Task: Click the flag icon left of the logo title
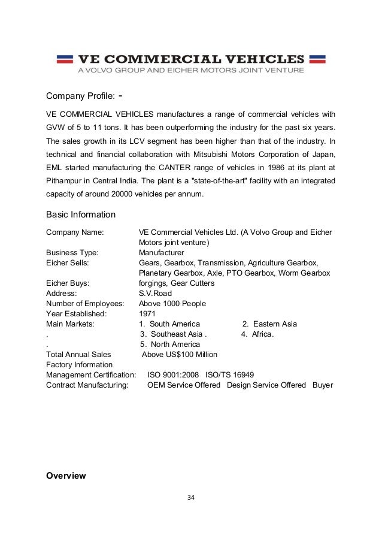pos(65,59)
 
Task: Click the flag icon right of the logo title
pos(317,59)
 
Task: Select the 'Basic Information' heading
pos(81,214)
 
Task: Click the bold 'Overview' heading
pos(66,476)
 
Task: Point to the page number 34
pos(191,497)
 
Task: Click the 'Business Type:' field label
pos(72,253)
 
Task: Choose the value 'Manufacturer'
pos(161,253)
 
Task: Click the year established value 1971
pos(147,314)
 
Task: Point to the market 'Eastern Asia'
pos(274,324)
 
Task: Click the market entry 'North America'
pos(174,344)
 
